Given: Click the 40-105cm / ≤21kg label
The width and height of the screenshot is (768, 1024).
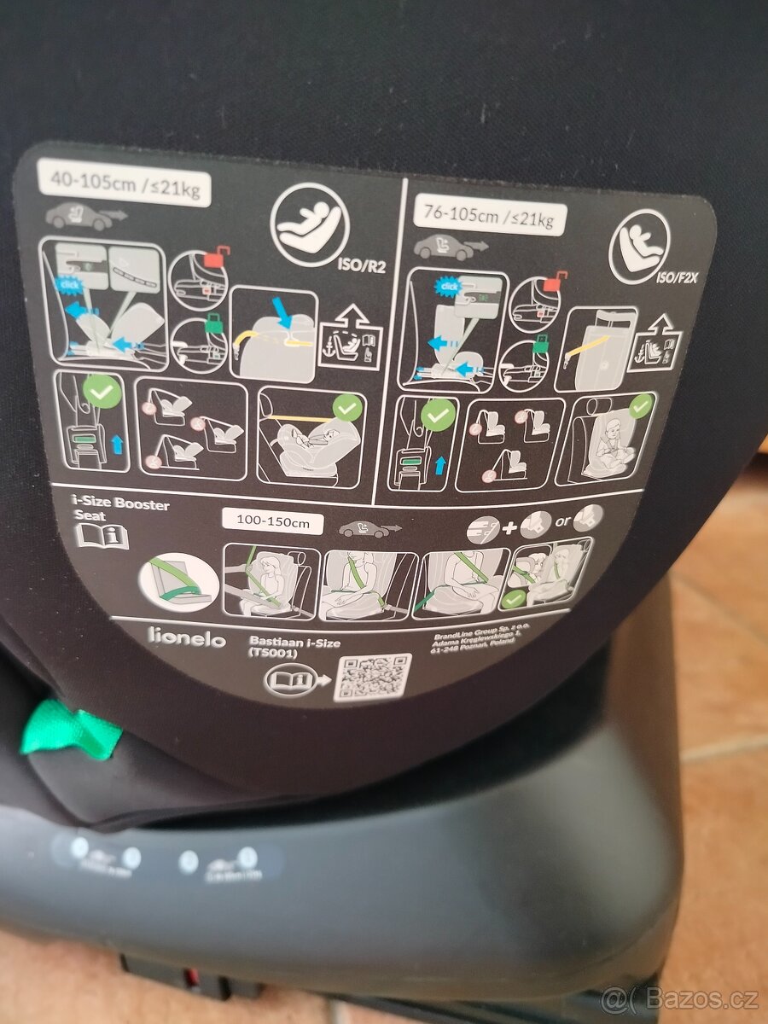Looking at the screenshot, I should click(124, 184).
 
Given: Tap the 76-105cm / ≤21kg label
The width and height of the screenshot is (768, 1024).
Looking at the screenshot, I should click(489, 217).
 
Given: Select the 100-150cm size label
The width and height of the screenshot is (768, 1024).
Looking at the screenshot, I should click(271, 521).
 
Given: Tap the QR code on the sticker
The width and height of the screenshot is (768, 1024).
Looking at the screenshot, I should click(372, 678).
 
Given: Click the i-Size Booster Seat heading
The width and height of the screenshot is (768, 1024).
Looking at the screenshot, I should click(121, 509).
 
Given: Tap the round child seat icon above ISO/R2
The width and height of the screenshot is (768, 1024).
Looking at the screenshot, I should click(309, 225).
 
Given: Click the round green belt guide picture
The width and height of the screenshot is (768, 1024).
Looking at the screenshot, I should click(178, 580).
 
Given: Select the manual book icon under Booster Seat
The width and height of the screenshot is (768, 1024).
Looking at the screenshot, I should click(102, 536).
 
